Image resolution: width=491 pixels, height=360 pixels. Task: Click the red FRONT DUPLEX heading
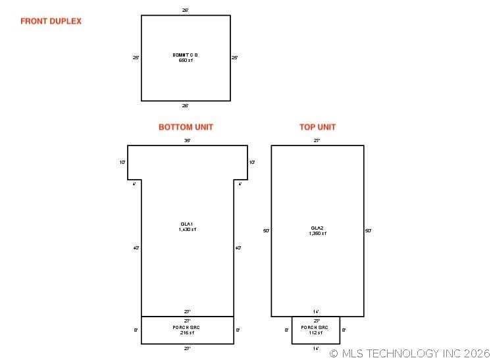51,21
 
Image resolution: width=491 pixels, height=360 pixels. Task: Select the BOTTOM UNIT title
186,127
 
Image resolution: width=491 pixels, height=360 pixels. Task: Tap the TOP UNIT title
317,127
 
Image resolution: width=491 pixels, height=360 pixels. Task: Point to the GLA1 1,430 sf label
187,227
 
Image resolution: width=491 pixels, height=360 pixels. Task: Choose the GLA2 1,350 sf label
317,230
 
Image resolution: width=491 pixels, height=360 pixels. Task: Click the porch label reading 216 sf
187,330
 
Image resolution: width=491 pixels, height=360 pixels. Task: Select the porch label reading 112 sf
315,330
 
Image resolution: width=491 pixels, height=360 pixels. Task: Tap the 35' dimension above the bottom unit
187,140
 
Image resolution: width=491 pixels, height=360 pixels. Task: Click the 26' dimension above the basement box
185,11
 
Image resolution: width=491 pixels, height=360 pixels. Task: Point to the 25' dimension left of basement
136,58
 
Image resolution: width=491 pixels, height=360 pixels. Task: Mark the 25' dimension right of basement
234,58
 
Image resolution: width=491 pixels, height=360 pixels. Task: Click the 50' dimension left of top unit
266,231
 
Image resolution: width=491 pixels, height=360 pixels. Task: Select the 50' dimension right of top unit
368,231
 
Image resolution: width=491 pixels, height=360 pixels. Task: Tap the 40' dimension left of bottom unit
136,248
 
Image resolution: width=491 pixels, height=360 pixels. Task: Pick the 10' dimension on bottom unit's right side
252,162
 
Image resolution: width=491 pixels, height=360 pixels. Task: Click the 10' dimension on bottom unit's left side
122,162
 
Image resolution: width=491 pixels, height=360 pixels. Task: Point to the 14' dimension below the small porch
316,348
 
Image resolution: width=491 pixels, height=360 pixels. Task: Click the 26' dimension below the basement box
185,105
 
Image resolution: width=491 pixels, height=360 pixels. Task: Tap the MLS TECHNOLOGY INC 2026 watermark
409,353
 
